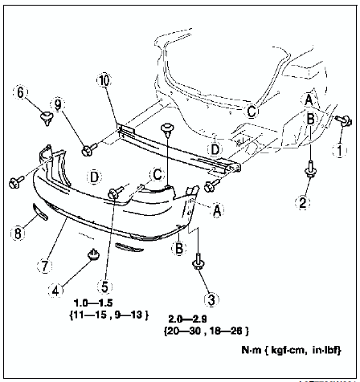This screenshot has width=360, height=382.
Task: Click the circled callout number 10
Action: click(x=104, y=80)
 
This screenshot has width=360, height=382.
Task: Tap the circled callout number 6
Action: click(x=20, y=92)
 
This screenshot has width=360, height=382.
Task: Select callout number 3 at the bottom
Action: click(x=211, y=300)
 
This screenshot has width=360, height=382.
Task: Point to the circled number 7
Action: click(x=44, y=266)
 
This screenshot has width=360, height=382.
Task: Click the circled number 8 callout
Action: click(x=18, y=234)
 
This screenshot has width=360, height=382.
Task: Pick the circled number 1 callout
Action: click(x=340, y=151)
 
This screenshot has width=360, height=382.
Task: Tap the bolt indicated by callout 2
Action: click(x=310, y=169)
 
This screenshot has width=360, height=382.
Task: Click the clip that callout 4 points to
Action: click(x=93, y=254)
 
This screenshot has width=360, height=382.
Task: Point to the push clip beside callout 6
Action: click(x=47, y=118)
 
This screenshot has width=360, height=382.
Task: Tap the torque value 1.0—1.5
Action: click(x=93, y=303)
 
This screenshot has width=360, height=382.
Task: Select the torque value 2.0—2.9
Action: click(x=187, y=319)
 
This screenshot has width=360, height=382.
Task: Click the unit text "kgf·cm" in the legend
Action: click(x=288, y=350)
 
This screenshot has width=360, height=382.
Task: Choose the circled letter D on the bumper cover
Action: click(x=94, y=177)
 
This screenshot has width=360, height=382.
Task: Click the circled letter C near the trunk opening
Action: click(x=252, y=111)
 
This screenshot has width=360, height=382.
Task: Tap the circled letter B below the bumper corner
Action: click(x=178, y=248)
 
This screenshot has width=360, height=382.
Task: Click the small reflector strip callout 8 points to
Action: click(x=40, y=212)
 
